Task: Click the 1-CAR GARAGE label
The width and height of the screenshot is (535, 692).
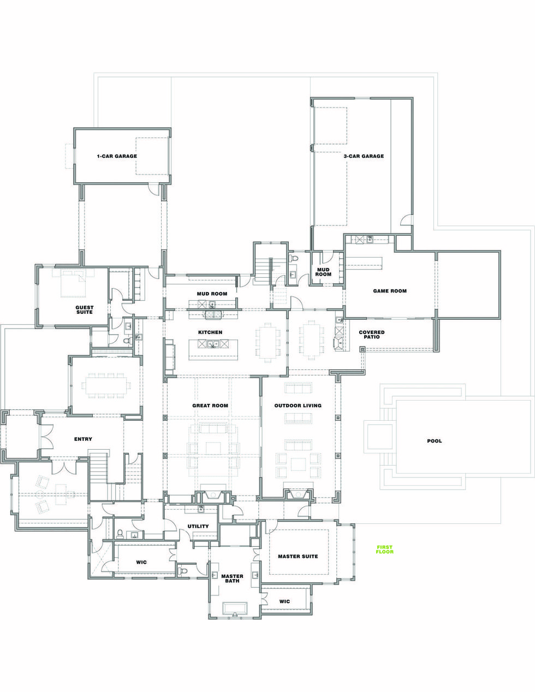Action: tap(117, 157)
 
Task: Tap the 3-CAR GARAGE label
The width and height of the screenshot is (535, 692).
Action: tap(364, 157)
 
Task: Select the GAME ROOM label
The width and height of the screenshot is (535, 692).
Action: tap(390, 291)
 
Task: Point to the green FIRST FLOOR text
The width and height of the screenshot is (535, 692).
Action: tap(384, 550)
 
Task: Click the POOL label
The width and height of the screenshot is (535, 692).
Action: tap(435, 441)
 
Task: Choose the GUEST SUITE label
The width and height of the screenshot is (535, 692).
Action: tap(84, 309)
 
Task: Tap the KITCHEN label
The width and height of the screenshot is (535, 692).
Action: tap(210, 332)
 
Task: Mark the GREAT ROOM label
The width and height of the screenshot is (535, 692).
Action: tap(210, 406)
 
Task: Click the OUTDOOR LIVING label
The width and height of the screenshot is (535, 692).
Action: tap(298, 406)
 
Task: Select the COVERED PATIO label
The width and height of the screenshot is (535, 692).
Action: tap(372, 335)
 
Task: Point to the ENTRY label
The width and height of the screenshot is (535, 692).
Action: tap(83, 439)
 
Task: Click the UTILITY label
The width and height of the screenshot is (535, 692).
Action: tap(198, 527)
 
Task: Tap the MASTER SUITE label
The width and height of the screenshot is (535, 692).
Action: tap(298, 557)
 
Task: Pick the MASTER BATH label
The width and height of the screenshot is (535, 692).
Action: tap(232, 578)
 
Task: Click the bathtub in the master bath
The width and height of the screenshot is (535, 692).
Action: tap(235, 609)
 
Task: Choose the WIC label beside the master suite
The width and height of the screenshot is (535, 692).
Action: tap(284, 601)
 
